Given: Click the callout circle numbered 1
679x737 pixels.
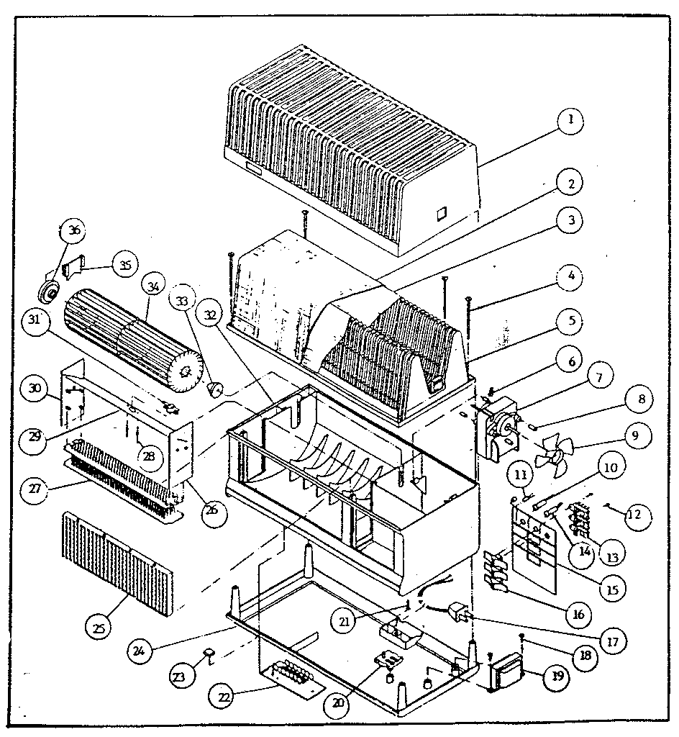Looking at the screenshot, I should point(570,121).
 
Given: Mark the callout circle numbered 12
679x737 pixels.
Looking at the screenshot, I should point(636,515).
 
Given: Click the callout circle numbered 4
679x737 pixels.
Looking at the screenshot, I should point(570,276).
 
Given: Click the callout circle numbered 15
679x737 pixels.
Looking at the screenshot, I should point(612,589).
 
